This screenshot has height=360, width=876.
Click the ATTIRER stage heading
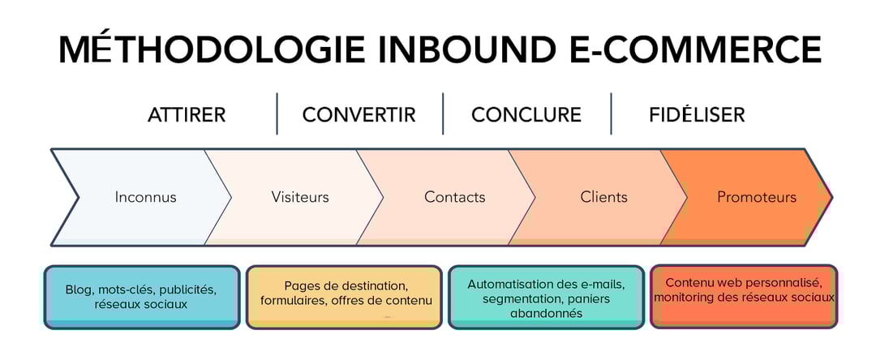tap(187, 115)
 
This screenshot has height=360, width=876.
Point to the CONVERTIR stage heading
tap(359, 115)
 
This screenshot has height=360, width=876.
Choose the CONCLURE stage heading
tap(526, 115)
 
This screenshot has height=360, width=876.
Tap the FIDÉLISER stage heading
tap(697, 115)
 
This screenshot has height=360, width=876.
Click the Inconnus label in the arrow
tap(145, 197)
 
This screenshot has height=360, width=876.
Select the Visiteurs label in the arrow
tap(300, 197)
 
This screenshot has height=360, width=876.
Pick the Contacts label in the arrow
tap(454, 197)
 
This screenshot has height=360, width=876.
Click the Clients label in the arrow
tap(603, 197)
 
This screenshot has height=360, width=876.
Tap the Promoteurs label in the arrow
tap(757, 197)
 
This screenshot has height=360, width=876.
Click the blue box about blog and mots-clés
tap(142, 297)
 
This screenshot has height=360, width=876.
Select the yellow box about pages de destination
tap(344, 297)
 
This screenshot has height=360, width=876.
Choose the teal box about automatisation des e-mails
tap(546, 297)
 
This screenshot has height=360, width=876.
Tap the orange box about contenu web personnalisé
tap(744, 297)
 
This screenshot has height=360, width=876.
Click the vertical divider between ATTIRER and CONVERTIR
tap(277, 114)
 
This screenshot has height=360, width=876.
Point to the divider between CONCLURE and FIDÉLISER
tap(611, 114)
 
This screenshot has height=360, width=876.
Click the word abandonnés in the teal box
tap(546, 314)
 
